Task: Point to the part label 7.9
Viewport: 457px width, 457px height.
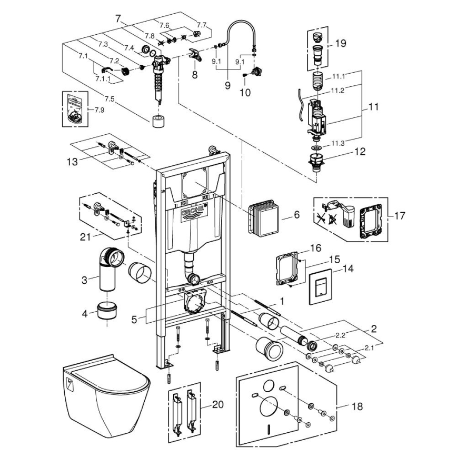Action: tap(100, 110)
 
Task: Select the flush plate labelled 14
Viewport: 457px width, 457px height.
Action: tap(319, 288)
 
